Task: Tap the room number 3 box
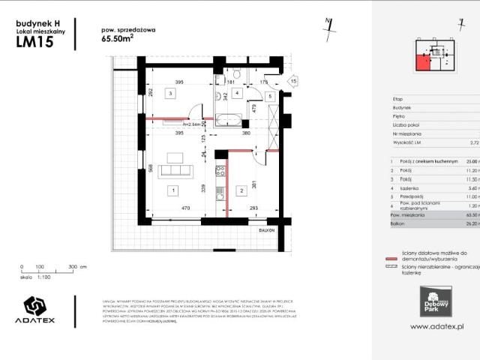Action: [171, 94]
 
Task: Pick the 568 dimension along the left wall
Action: [150, 168]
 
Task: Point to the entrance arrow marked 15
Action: [293, 80]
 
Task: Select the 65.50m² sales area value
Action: [118, 41]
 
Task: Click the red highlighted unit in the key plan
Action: [424, 60]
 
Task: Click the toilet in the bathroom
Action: [235, 75]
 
